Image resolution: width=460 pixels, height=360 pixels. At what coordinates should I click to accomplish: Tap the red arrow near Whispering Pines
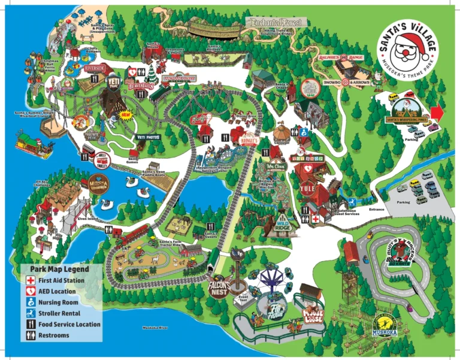[x=437, y=113]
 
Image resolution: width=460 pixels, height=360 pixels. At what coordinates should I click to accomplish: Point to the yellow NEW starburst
[x=126, y=114]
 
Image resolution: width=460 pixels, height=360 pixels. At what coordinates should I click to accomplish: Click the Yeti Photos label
[x=149, y=137]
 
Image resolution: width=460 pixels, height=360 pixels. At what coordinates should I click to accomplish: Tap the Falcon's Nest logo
[x=220, y=288]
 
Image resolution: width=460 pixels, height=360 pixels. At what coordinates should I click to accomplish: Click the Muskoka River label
[x=156, y=328]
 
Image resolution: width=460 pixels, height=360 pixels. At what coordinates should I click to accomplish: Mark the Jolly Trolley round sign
[x=102, y=159]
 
